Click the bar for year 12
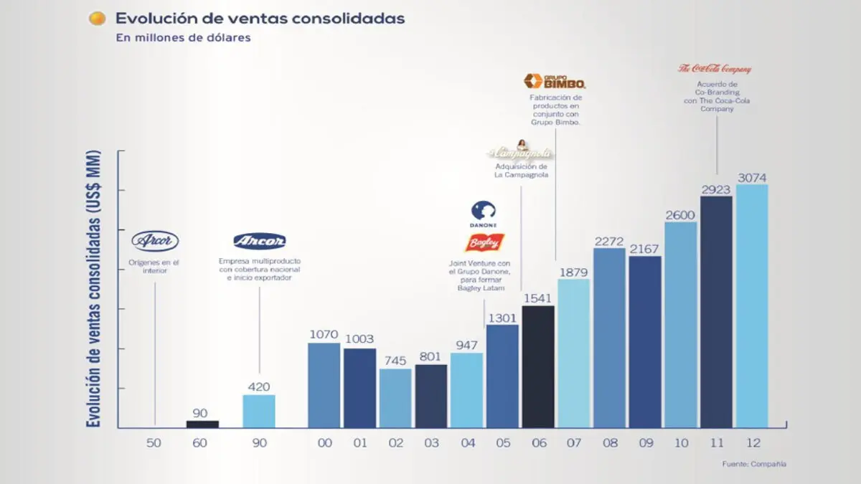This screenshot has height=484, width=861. pyautogui.click(x=751, y=306)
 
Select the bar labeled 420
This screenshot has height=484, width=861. pyautogui.click(x=258, y=412)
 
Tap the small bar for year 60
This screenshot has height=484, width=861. pyautogui.click(x=202, y=424)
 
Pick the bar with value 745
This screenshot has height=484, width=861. pyautogui.click(x=395, y=399)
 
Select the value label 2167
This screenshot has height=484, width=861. pyautogui.click(x=645, y=248)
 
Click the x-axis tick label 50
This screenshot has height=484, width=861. pyautogui.click(x=154, y=443)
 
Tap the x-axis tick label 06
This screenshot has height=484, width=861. pyautogui.click(x=538, y=443)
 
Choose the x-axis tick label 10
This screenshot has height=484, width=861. pyautogui.click(x=680, y=443)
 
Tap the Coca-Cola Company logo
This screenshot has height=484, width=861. pyautogui.click(x=715, y=69)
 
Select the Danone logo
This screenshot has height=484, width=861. pyautogui.click(x=484, y=214)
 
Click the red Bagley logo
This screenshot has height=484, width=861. pyautogui.click(x=484, y=243)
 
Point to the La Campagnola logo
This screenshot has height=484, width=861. pyautogui.click(x=520, y=151)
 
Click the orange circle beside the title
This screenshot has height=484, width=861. pyautogui.click(x=97, y=19)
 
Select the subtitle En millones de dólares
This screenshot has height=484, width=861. pyautogui.click(x=183, y=38)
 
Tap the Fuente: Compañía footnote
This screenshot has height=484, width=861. pyautogui.click(x=753, y=464)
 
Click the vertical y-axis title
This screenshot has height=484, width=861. pyautogui.click(x=94, y=289)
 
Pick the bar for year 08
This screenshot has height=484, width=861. pyautogui.click(x=609, y=338)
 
